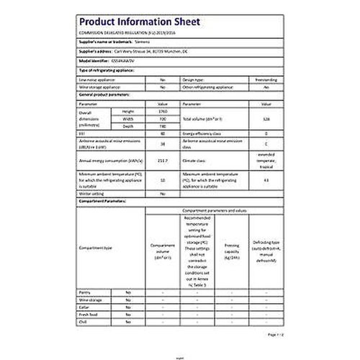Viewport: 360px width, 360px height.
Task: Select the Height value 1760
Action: [161, 112]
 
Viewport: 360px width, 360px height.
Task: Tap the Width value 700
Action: [161, 120]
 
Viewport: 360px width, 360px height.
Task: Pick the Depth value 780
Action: [161, 127]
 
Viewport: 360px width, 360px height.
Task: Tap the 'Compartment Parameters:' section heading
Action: [105, 202]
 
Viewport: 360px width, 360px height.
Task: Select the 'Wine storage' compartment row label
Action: [90, 300]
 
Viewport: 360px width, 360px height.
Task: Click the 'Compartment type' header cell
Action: [98, 248]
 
